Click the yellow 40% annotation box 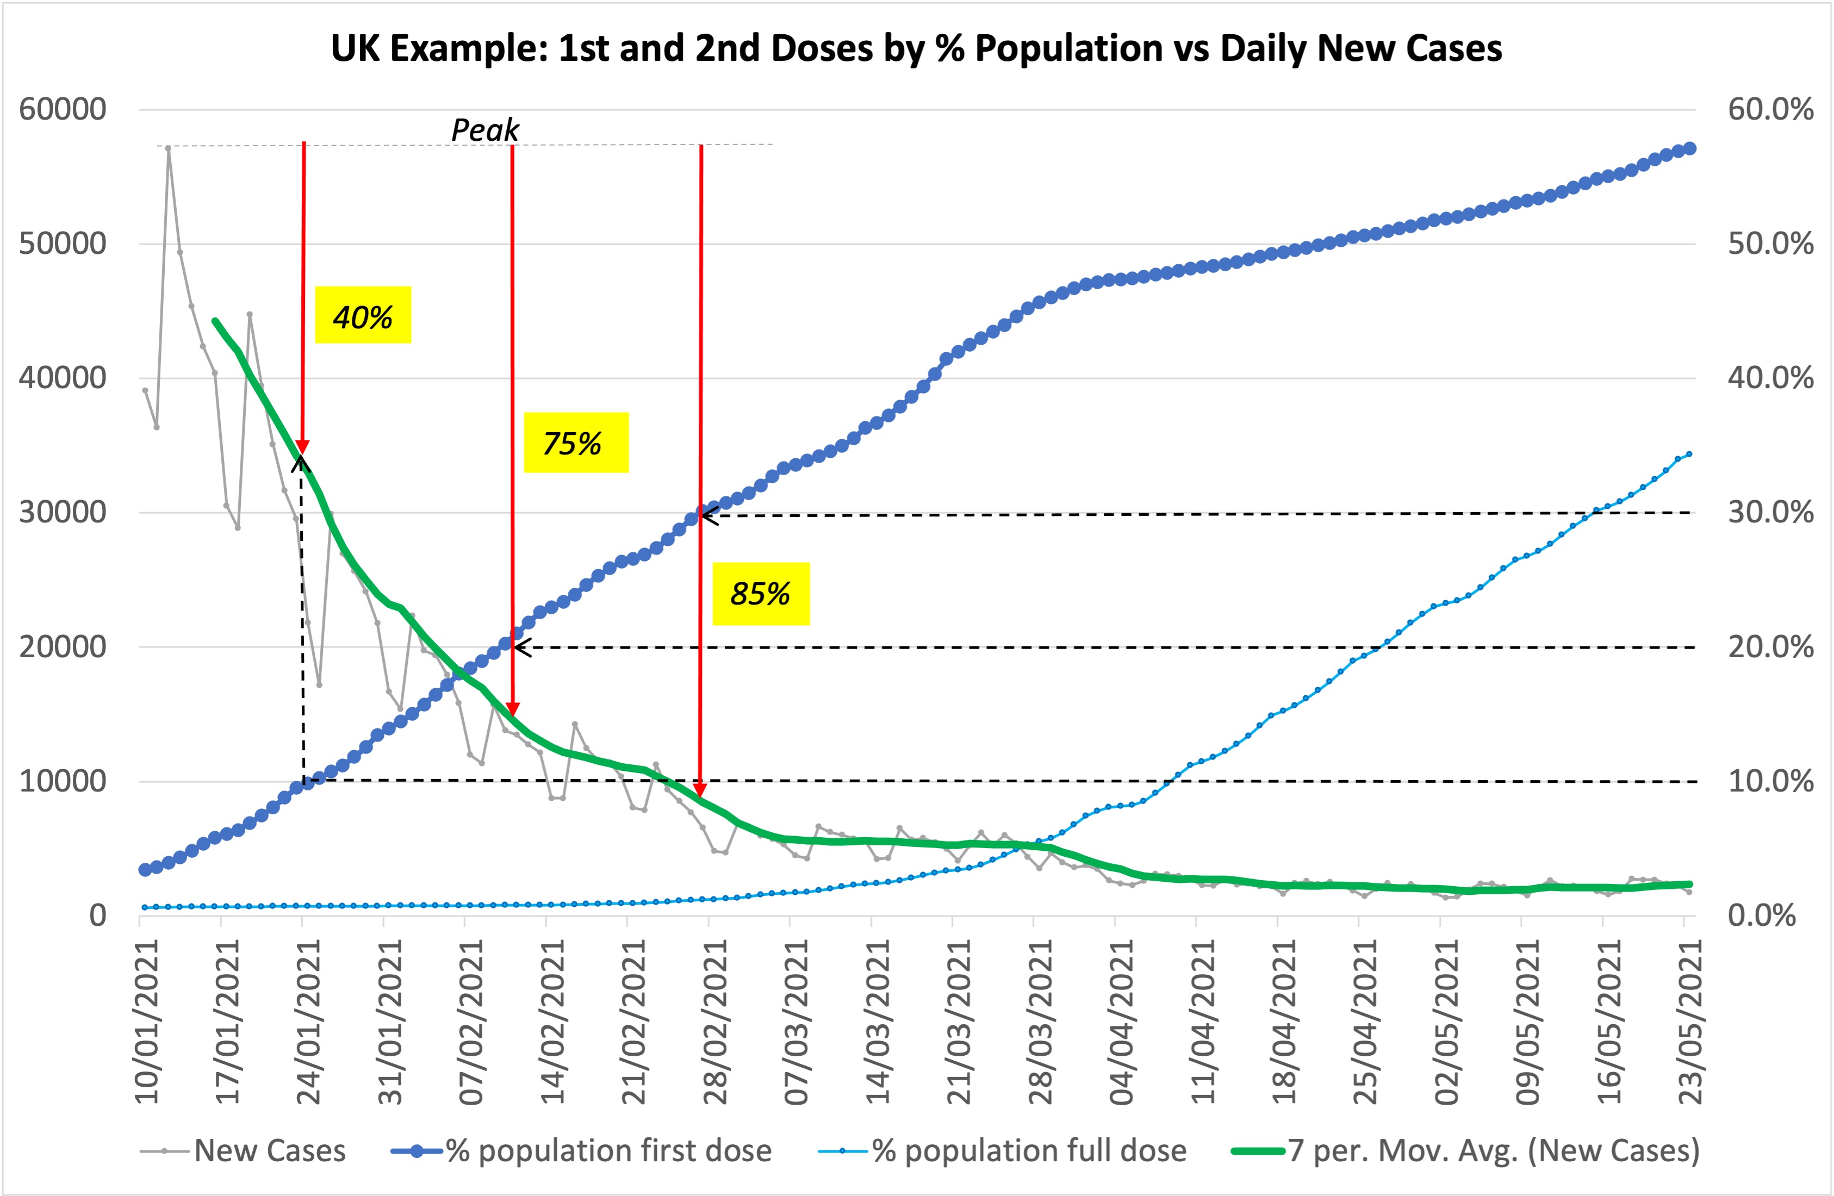click(x=363, y=315)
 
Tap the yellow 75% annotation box click(x=576, y=443)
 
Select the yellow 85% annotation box click(x=761, y=593)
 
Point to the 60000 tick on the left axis click(x=63, y=109)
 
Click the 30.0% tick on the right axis click(x=1770, y=513)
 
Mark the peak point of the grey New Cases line click(x=168, y=148)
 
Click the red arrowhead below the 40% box click(x=303, y=447)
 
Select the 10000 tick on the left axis click(x=63, y=781)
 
